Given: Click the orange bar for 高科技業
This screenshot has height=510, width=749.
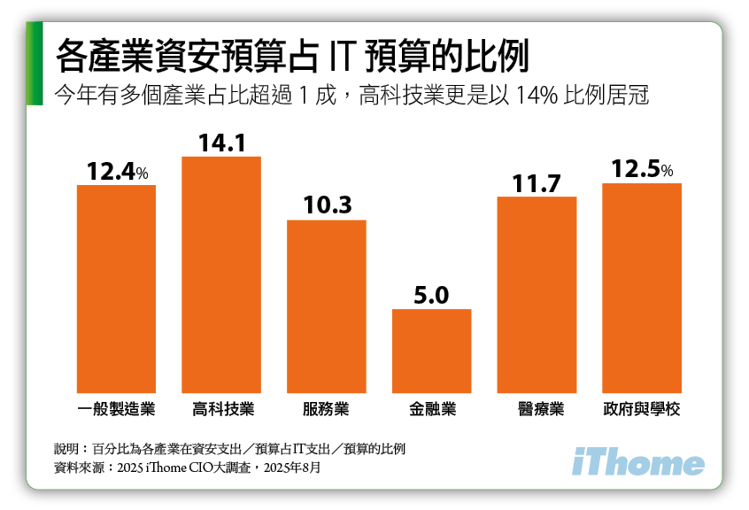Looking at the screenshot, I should [221, 274].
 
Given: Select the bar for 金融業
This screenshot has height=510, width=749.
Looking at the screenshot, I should [431, 351].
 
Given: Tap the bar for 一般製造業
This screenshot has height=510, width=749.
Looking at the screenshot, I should [116, 289].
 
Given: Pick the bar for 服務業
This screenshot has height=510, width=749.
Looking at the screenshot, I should [326, 305].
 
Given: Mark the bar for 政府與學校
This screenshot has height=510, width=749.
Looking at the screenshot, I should [641, 288].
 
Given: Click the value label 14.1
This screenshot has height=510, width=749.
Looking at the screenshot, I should [220, 143].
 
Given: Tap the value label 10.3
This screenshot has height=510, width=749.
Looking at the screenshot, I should [326, 205].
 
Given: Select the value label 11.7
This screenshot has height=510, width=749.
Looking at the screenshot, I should [537, 183].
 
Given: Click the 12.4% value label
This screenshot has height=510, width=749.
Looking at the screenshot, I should [117, 171].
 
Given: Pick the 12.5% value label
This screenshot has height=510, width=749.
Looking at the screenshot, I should [642, 169].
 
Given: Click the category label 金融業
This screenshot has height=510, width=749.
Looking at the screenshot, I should [432, 409].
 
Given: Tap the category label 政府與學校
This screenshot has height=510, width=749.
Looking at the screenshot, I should [641, 409].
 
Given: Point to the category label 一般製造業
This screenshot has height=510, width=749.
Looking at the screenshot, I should [116, 409].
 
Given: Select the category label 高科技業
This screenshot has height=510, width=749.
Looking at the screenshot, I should [222, 409].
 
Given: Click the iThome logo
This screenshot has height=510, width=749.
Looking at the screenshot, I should [638, 462].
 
